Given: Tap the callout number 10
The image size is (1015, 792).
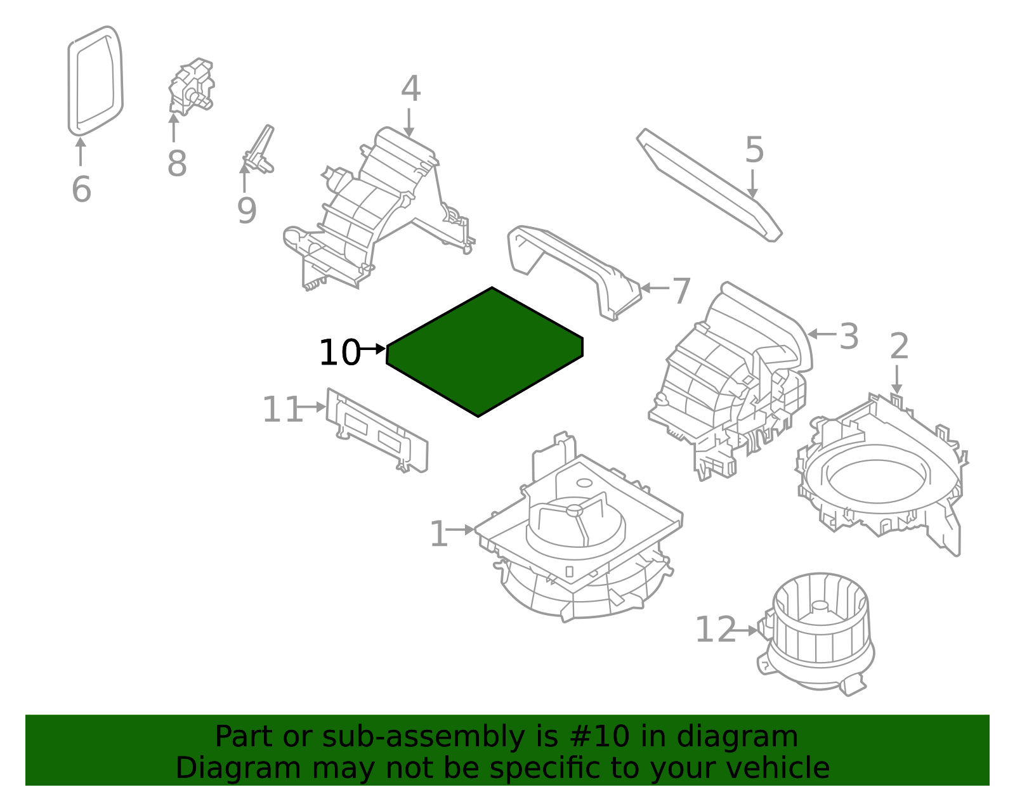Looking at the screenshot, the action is click(339, 353).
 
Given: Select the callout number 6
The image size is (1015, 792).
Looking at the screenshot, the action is click(81, 190).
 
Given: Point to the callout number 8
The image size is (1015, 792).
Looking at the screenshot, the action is click(177, 164).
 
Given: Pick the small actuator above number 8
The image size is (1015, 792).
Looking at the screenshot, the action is click(192, 87).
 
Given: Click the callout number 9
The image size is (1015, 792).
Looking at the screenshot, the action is click(247, 211).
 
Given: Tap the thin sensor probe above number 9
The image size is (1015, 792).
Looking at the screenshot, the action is click(259, 150).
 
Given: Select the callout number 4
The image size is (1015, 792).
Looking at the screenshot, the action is click(411, 88).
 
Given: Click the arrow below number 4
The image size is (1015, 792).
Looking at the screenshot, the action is click(409, 123).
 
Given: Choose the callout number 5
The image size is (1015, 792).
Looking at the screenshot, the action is click(754, 150).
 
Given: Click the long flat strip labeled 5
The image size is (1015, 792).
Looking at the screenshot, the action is click(709, 185).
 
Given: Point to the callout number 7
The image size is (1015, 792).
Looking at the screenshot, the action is click(681, 290).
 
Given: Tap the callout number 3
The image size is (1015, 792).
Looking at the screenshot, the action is click(849, 336).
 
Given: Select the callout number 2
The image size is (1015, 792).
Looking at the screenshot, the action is click(899, 346).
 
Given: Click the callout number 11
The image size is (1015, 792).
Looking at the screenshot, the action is click(282, 409).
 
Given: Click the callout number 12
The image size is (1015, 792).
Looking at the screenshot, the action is click(716, 629).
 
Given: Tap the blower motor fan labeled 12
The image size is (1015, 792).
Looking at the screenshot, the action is click(816, 634).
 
